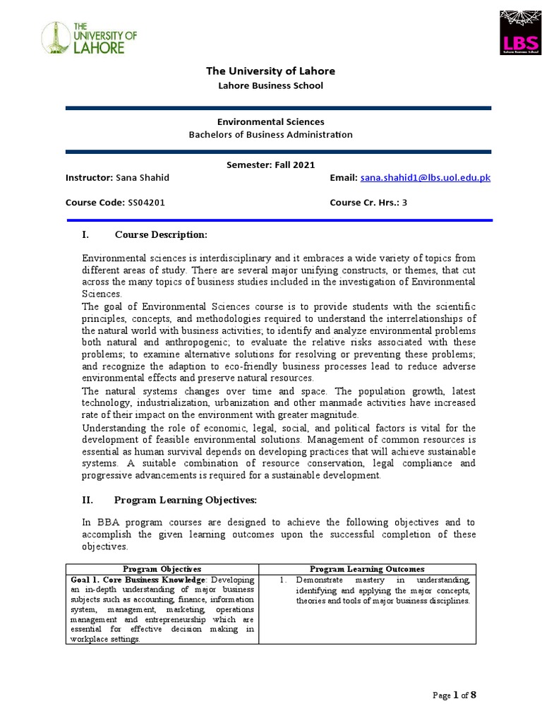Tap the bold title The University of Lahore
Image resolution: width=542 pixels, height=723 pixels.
pos(270,71)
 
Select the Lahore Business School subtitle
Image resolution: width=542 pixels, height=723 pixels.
pos(270,85)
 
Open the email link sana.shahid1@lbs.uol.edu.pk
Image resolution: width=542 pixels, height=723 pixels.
pos(425,178)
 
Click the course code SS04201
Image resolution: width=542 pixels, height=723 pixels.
pos(146,203)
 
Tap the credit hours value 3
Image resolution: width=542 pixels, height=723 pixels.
pos(405,203)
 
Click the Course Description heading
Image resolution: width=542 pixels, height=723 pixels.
pos(161,234)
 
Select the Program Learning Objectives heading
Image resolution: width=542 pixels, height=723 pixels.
pos(186,500)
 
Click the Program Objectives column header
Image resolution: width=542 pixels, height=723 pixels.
pos(162,568)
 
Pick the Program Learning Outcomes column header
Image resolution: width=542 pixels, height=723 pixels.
pos(367,568)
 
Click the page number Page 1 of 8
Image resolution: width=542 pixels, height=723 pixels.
pos(455,695)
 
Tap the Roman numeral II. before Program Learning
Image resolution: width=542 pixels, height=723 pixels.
pos(89,500)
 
